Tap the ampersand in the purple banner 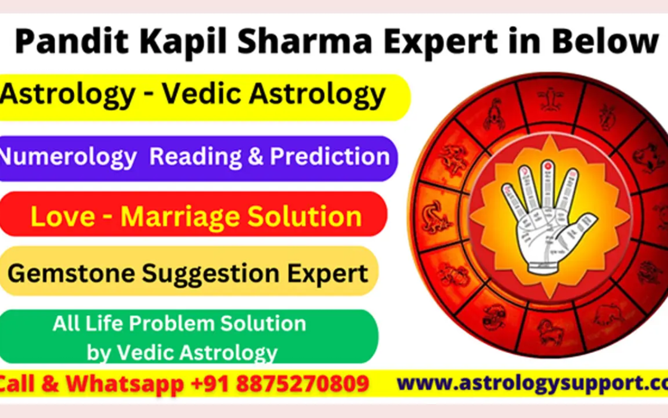(255, 157)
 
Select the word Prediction (330, 157)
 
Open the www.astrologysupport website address (532, 384)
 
